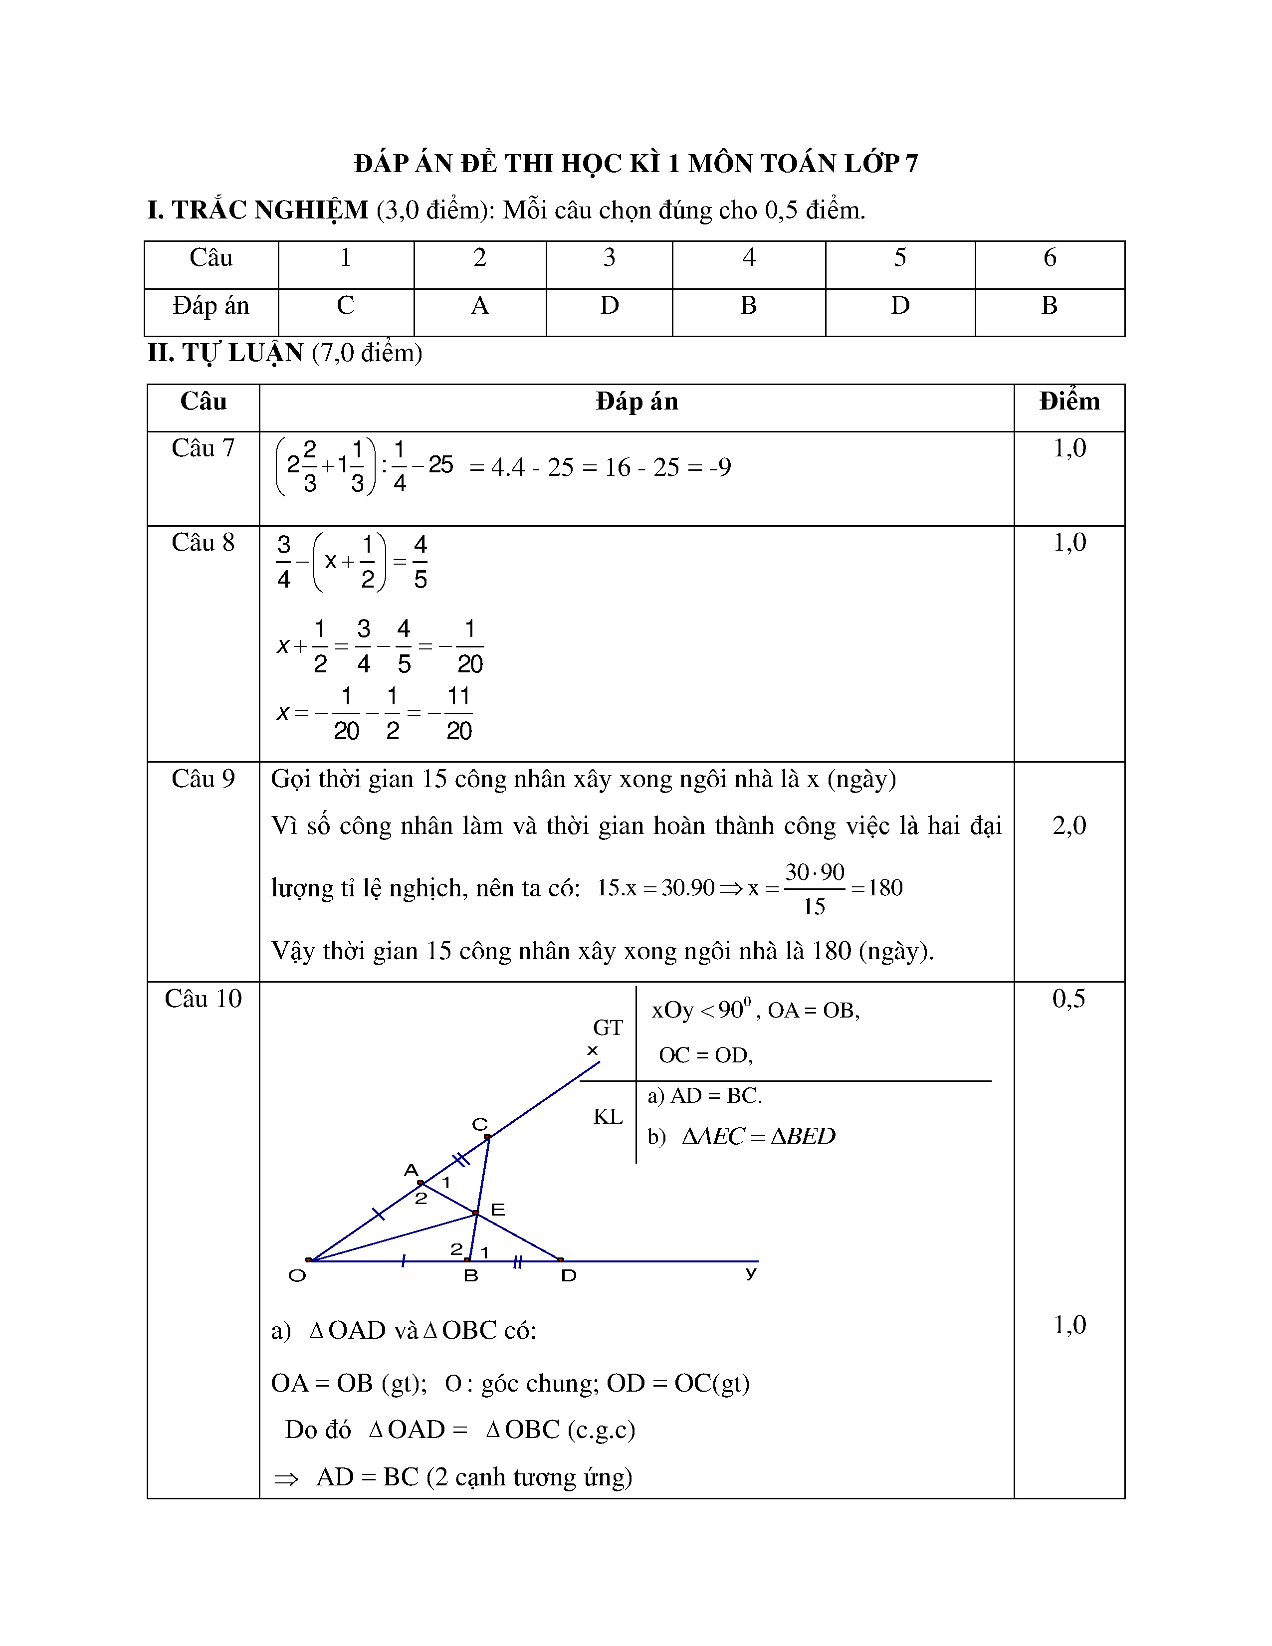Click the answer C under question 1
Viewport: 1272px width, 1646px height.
tap(345, 305)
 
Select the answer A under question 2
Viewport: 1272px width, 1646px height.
tap(479, 305)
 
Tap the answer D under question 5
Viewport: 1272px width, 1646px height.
tap(900, 305)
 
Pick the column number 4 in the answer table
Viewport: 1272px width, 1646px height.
tap(748, 258)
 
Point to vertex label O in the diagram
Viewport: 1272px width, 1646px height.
tap(297, 1276)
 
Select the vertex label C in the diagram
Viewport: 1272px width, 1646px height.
tap(479, 1124)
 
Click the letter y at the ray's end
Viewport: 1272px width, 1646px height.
tap(751, 1273)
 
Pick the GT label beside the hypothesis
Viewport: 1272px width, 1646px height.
tap(608, 1027)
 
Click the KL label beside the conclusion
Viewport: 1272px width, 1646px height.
tap(608, 1116)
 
